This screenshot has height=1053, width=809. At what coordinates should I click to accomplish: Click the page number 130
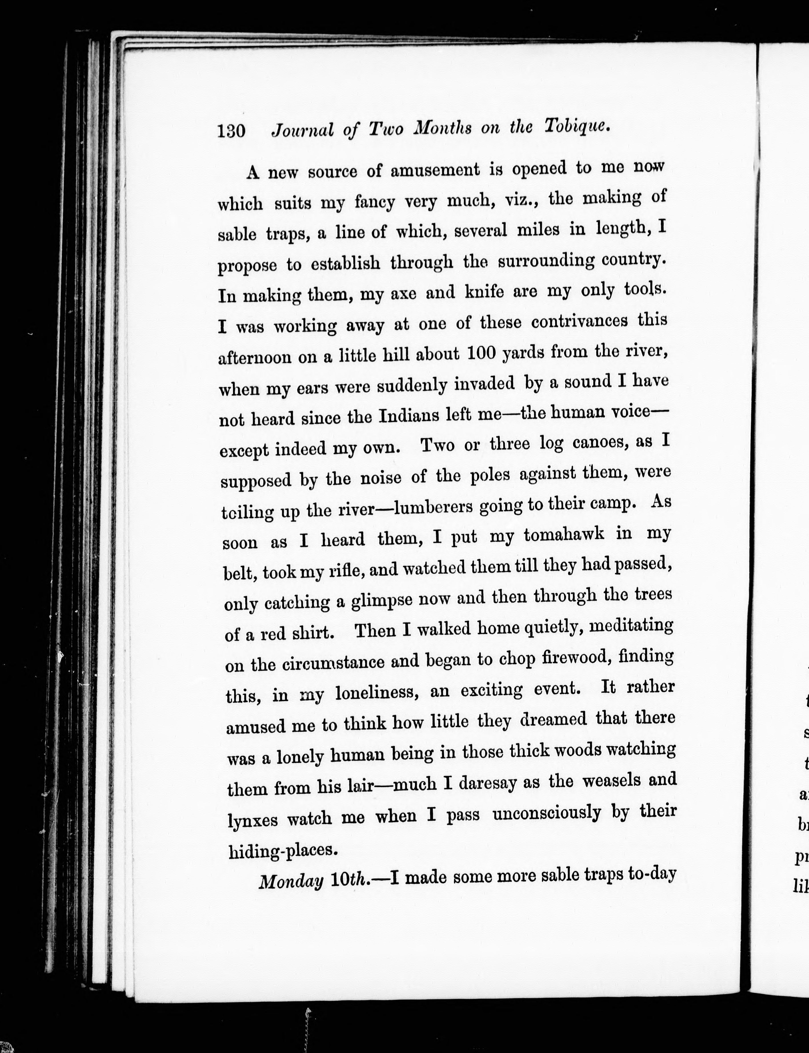[x=232, y=130]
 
